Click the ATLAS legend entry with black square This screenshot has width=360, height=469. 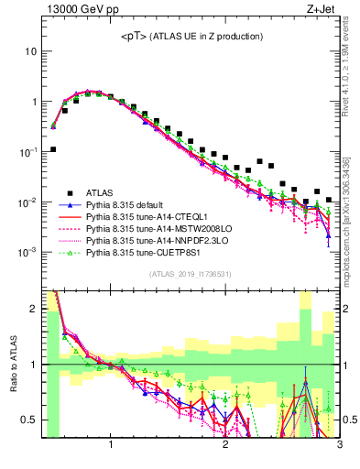[101, 192]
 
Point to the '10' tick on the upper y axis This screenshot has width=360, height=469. [31, 51]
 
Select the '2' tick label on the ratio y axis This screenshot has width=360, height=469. [35, 309]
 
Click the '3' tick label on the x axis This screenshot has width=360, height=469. [339, 445]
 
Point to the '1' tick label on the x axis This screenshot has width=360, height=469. [111, 445]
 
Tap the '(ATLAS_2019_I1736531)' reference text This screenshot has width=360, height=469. [191, 274]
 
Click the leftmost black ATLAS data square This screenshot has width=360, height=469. [53, 149]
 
